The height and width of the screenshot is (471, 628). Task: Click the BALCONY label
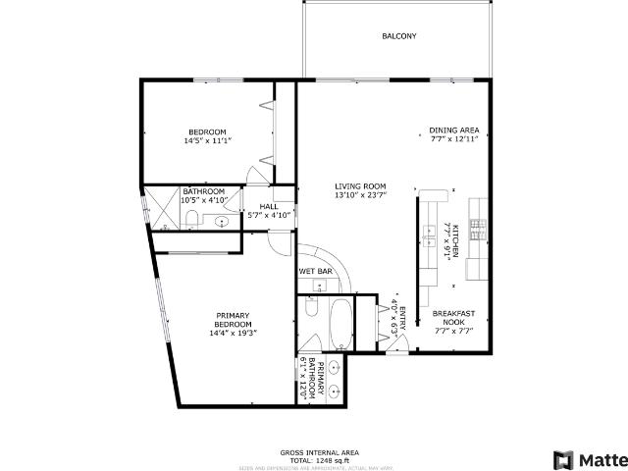pyautogui.click(x=399, y=36)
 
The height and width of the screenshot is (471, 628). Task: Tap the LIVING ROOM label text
pyautogui.click(x=360, y=185)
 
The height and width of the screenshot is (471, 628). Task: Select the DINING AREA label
pyautogui.click(x=454, y=130)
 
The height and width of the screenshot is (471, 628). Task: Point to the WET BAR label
pyautogui.click(x=314, y=271)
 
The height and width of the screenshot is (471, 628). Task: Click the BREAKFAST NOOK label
pyautogui.click(x=454, y=318)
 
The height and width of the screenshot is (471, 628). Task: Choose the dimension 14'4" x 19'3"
pyautogui.click(x=233, y=333)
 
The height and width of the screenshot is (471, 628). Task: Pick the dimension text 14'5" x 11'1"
pyautogui.click(x=208, y=141)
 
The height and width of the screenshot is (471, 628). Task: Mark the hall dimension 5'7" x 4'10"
pyautogui.click(x=269, y=214)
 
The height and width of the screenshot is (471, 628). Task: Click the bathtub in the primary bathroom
pyautogui.click(x=340, y=324)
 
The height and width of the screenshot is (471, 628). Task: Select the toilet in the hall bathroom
pyautogui.click(x=193, y=218)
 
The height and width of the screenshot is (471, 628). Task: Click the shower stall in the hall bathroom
pyautogui.click(x=158, y=208)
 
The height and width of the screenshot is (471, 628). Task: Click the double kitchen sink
pyautogui.click(x=430, y=233)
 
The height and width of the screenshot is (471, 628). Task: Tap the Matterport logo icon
pyautogui.click(x=563, y=459)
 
